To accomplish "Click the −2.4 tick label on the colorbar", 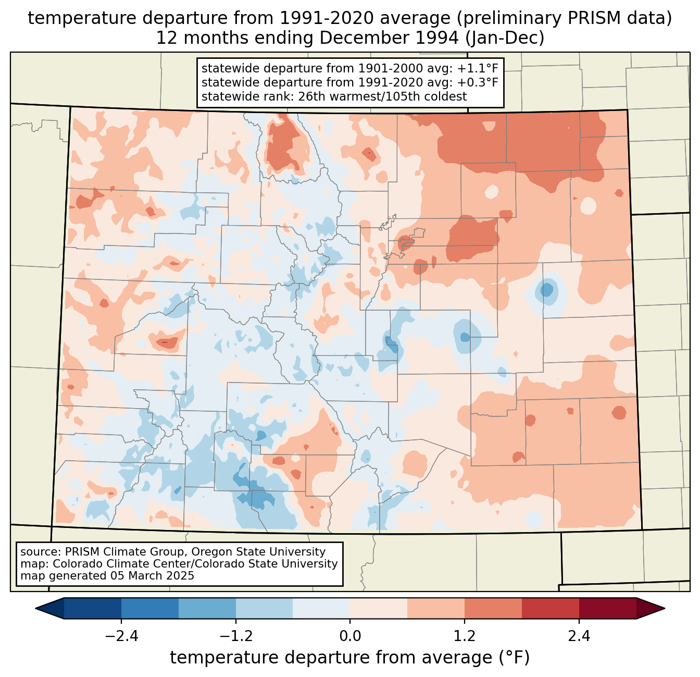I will (x=121, y=636).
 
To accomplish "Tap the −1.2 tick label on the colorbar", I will (x=235, y=636).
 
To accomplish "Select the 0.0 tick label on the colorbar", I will (x=350, y=636).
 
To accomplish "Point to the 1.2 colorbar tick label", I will (x=465, y=636).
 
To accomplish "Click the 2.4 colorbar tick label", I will (x=579, y=636).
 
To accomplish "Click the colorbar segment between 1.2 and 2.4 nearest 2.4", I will (x=550, y=608).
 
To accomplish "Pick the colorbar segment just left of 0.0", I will (x=321, y=608).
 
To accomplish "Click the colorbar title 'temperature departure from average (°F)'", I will (x=350, y=658).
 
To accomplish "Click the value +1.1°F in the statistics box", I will (x=479, y=69).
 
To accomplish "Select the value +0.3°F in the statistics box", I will (x=479, y=82).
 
